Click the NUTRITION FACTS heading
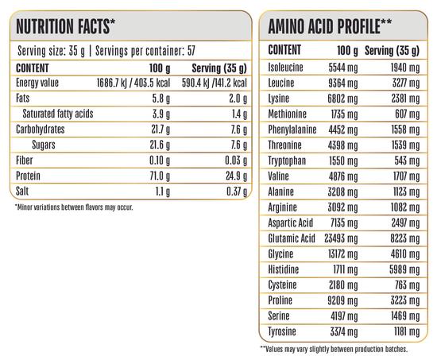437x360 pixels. pos(65,26)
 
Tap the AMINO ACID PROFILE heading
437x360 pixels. pos(330,26)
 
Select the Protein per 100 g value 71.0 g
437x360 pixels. pos(160,176)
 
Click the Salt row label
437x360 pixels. pos(22,192)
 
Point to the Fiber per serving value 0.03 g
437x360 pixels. pos(236,161)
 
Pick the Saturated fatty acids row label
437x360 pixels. pos(58,114)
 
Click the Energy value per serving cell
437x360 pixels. pos(215,83)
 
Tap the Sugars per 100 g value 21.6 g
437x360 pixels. pos(160,145)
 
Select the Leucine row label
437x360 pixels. pos(281,83)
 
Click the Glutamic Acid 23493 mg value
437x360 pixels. pos(341,238)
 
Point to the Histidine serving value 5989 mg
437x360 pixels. pos(404,269)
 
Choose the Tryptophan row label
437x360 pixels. pos(287,161)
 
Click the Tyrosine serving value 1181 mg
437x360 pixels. pos(407,332)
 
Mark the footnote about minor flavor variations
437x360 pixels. pos(74,207)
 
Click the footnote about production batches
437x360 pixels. pos(334,349)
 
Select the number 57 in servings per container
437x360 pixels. pos(191,51)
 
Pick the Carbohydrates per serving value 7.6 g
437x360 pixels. pos(239,130)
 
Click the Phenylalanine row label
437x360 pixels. pos(292,130)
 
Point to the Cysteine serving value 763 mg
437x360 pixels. pos(407,285)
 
